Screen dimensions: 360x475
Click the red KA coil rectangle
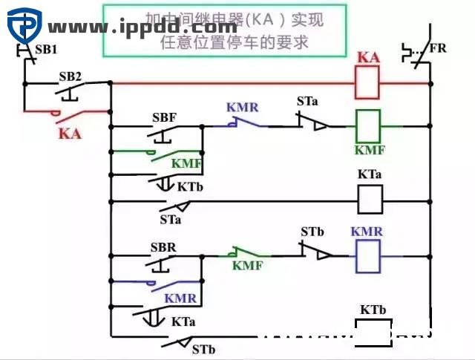369,82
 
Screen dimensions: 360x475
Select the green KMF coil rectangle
369,125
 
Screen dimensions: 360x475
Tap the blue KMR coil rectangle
369,256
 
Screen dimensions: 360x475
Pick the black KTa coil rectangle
370,199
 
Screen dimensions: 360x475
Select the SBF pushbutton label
164,118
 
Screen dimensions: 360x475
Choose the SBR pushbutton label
163,246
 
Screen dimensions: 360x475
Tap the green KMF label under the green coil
369,150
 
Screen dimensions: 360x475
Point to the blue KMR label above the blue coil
367,232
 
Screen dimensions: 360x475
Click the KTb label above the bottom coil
373,309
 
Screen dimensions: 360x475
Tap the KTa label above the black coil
370,175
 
